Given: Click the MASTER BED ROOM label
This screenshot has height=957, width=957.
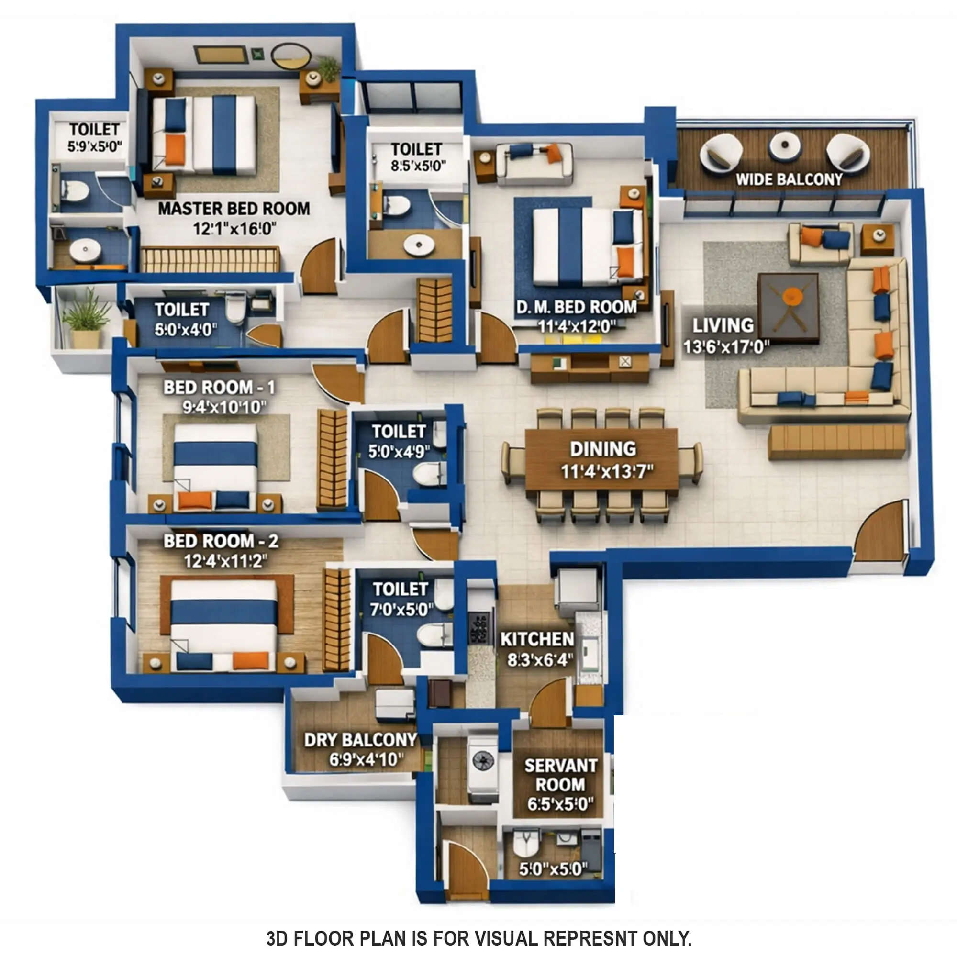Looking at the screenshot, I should pyautogui.click(x=234, y=209).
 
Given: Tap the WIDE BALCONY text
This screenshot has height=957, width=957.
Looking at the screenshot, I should pyautogui.click(x=789, y=179).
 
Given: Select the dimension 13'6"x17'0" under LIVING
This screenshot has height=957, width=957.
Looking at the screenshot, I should pyautogui.click(x=726, y=347).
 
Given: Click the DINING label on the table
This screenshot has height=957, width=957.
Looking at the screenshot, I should pyautogui.click(x=603, y=449).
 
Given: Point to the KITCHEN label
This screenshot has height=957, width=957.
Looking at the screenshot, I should pyautogui.click(x=537, y=639).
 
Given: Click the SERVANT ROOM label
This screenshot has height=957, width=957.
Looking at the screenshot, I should pyautogui.click(x=560, y=775).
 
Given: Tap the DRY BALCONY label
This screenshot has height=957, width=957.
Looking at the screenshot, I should pyautogui.click(x=360, y=740).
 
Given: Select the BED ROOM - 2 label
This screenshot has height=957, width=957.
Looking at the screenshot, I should pyautogui.click(x=221, y=541).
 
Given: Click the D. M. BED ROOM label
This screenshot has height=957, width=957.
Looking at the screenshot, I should pyautogui.click(x=576, y=307).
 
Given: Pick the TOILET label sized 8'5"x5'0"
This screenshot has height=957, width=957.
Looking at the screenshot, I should pyautogui.click(x=416, y=150).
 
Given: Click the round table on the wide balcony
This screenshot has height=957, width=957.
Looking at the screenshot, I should pyautogui.click(x=785, y=146).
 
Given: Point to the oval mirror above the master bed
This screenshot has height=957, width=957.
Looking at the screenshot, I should pyautogui.click(x=291, y=56).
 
